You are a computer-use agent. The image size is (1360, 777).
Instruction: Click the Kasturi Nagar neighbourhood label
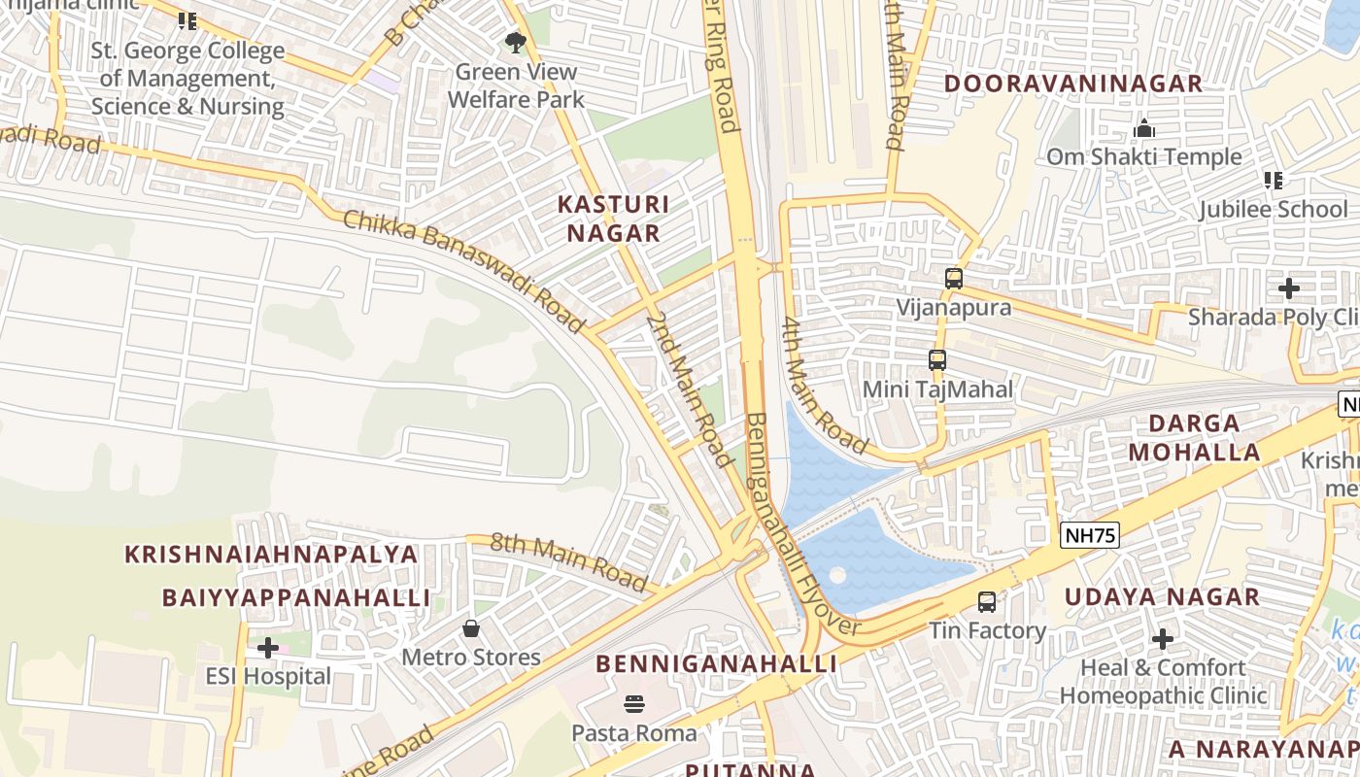613,219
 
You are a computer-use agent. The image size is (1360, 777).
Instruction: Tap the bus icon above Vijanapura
954,279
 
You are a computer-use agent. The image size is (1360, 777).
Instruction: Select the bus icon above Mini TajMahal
937,360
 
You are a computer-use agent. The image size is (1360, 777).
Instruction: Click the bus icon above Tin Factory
987,602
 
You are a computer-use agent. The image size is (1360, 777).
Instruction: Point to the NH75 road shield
1090,534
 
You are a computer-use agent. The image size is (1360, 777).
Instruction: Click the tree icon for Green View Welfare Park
515,43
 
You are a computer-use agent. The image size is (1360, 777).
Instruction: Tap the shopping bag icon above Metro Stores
471,628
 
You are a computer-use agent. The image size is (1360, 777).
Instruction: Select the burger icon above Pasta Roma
634,703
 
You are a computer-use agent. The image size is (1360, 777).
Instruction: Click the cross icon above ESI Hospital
268,647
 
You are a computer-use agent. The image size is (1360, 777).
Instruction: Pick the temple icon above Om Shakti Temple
1144,128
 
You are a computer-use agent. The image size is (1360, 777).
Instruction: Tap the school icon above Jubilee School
1274,180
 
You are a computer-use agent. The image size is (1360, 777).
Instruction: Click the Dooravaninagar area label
1073,84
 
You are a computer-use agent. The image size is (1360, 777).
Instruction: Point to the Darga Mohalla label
1205,437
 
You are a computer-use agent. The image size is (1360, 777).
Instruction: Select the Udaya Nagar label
1162,596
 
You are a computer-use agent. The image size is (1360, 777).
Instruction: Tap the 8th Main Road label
568,561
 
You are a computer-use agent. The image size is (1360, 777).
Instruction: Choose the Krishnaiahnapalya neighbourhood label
271,555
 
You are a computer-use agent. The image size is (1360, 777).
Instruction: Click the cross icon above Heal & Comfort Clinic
1162,639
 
